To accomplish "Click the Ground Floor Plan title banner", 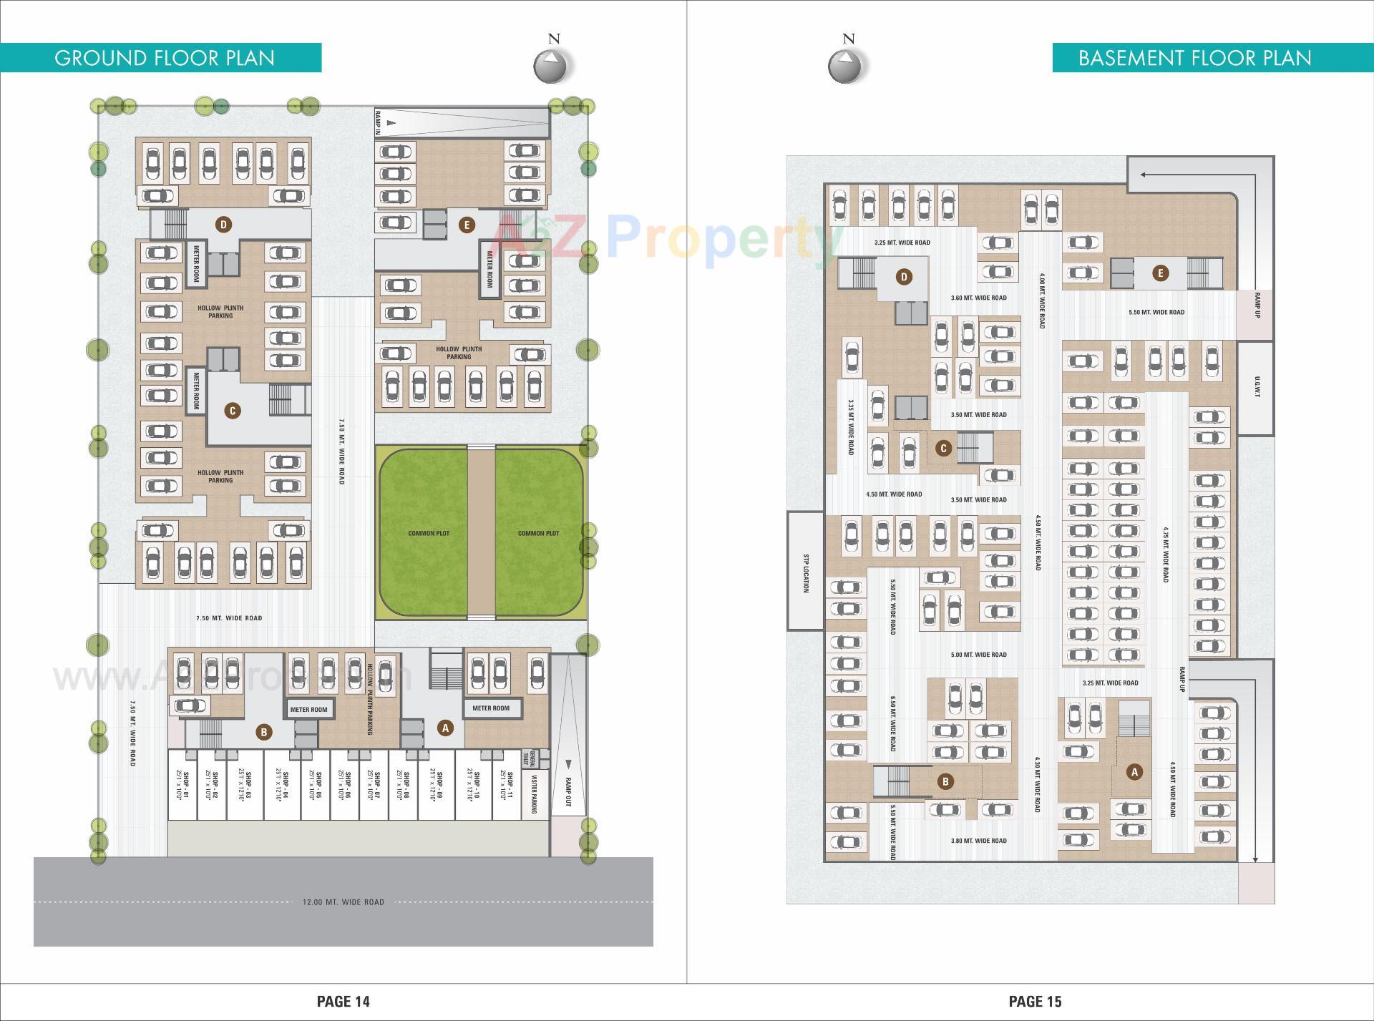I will [164, 58].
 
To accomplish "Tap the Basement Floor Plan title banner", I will [1194, 58].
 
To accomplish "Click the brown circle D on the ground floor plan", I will [223, 225].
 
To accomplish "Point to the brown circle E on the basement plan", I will [1160, 273].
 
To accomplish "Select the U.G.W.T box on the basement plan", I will [1257, 387].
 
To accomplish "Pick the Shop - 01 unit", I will [182, 785].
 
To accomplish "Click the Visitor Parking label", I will [534, 796].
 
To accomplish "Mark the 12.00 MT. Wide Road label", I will [343, 902].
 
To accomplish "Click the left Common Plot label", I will [428, 533].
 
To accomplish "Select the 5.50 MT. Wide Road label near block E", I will [1156, 313].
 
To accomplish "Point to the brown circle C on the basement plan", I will [943, 448].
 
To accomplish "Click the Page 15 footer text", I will [1035, 1001].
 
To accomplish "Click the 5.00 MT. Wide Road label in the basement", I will [978, 655].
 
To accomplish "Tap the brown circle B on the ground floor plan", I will [263, 732].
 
